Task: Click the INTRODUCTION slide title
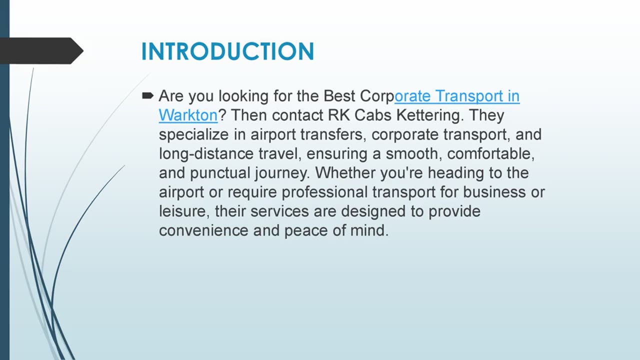pos(227,52)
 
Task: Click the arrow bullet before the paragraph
pos(148,95)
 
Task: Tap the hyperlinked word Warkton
pos(188,115)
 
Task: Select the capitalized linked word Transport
pos(457,96)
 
